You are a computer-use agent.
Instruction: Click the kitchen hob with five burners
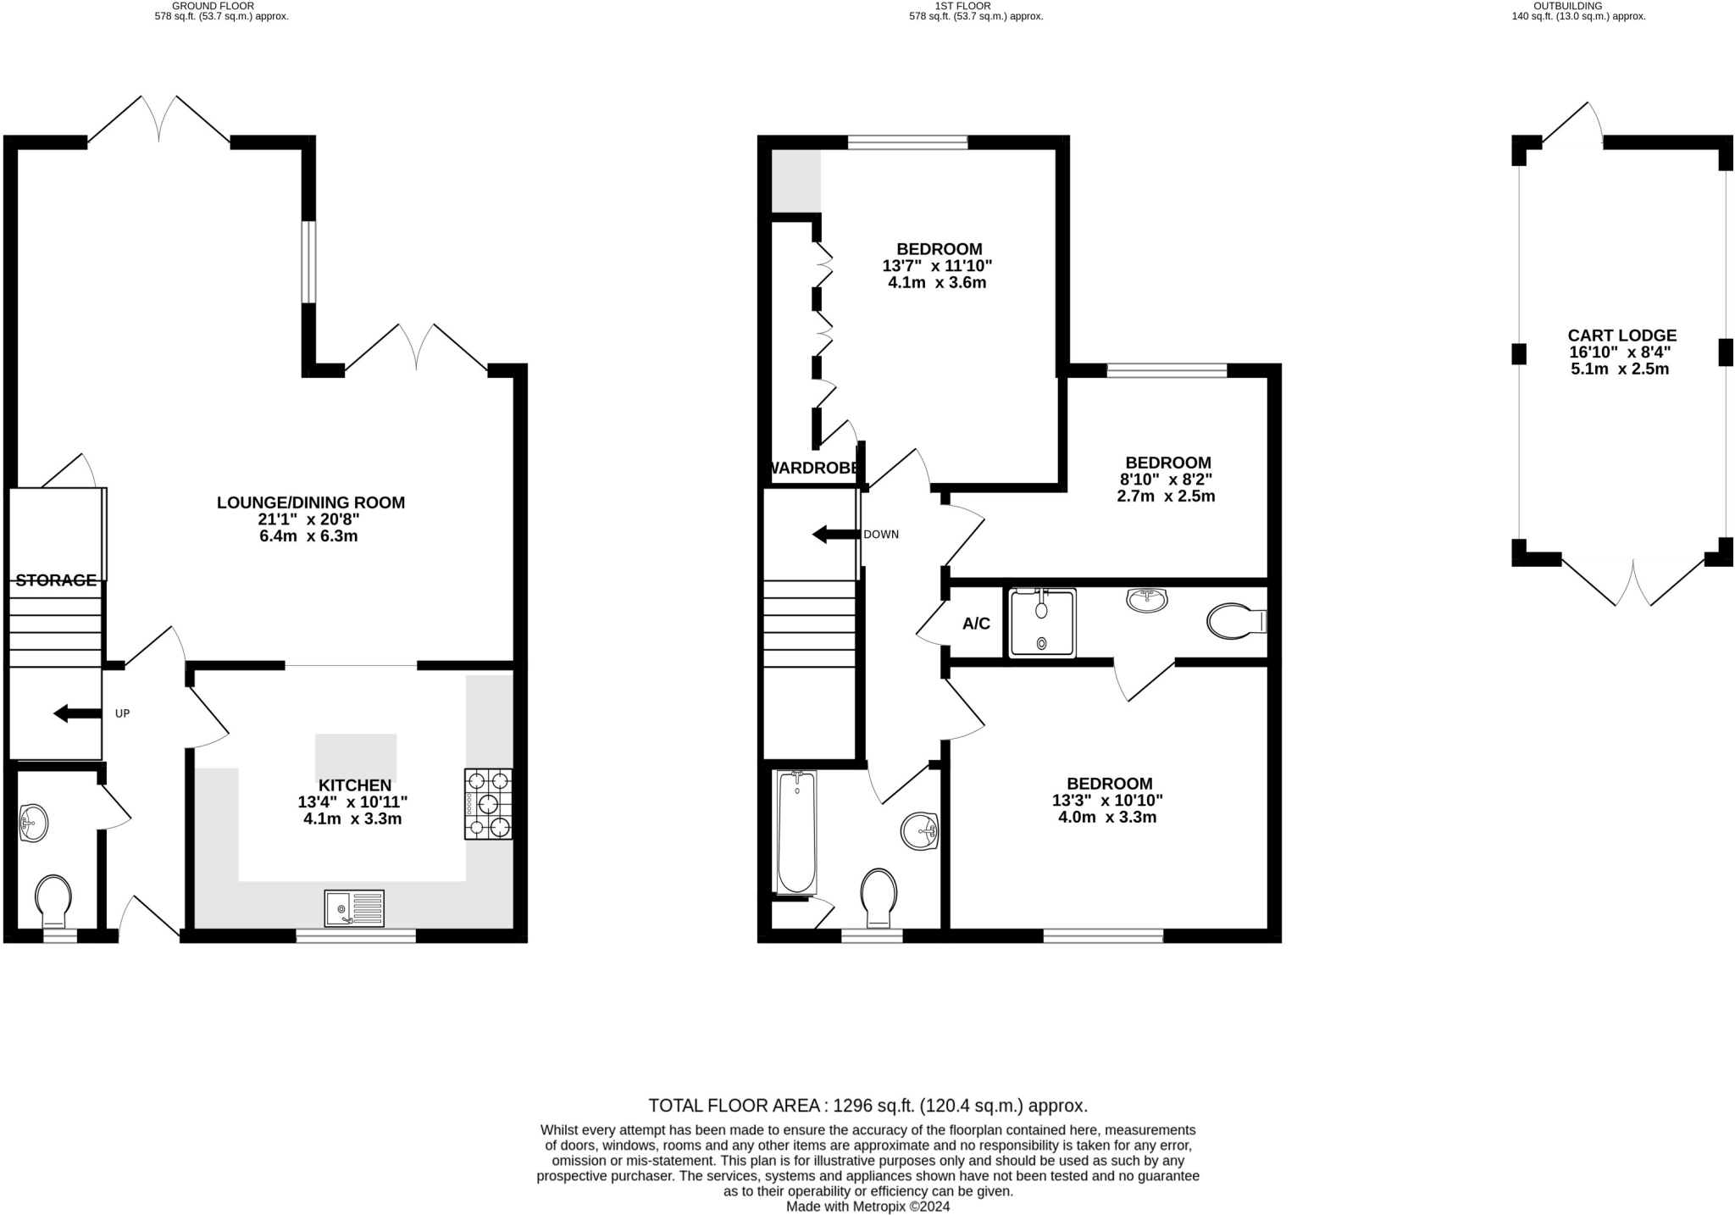[488, 803]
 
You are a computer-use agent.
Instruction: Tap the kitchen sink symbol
[354, 908]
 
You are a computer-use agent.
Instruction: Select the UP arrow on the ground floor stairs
[76, 713]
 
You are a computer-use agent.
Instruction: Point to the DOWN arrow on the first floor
[835, 535]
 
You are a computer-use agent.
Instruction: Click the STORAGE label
[56, 580]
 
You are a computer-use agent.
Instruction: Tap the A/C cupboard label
[976, 624]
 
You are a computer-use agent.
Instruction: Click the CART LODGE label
[1621, 336]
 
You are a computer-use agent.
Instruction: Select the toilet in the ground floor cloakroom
[53, 901]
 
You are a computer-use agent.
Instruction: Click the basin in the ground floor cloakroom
[34, 822]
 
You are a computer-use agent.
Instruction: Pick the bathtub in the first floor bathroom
[796, 832]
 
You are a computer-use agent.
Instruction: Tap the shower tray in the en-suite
[1042, 624]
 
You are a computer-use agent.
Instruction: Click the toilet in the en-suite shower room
[1235, 621]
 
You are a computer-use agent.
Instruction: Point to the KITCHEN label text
[355, 785]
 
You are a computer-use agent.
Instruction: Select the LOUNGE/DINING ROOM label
[311, 502]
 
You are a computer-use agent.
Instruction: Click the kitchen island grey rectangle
[356, 757]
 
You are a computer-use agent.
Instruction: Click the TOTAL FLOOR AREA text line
[867, 1106]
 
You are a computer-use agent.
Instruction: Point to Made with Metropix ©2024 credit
[867, 1207]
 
